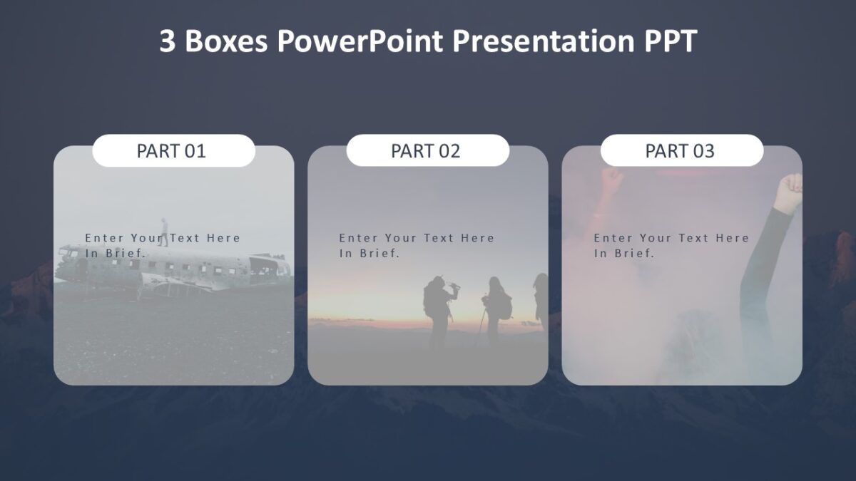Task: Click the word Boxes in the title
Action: tap(226, 42)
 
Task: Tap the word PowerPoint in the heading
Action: tap(360, 42)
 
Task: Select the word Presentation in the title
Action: tap(543, 42)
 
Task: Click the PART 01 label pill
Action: tap(173, 151)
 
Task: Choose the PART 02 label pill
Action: tap(427, 151)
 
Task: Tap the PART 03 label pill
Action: tap(681, 151)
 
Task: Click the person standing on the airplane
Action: tap(164, 232)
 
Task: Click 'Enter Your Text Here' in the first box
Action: tap(163, 238)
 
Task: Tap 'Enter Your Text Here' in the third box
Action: tap(671, 238)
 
